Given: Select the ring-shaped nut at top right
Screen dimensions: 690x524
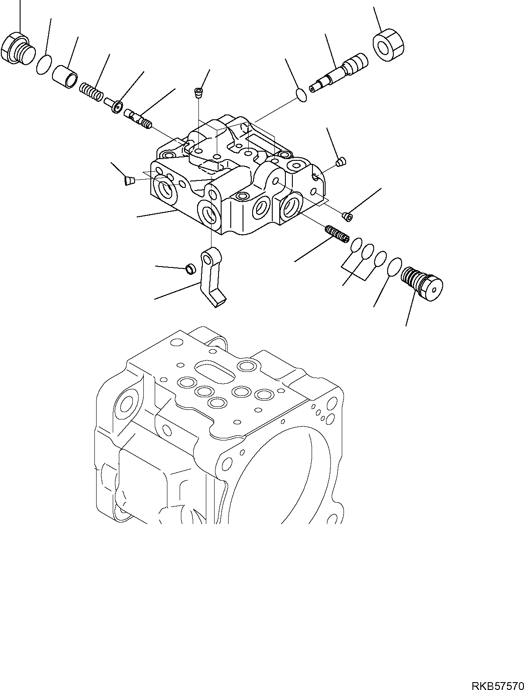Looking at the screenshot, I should click(388, 45).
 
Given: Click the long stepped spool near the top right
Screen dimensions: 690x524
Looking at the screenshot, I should click(340, 72).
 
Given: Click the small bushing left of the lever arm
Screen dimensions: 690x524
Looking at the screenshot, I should click(190, 270).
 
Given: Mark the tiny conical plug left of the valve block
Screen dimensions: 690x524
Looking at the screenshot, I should click(129, 180).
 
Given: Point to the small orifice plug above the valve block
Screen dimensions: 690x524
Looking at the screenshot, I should click(199, 92).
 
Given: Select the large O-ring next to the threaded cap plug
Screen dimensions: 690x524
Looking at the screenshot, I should click(394, 266).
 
